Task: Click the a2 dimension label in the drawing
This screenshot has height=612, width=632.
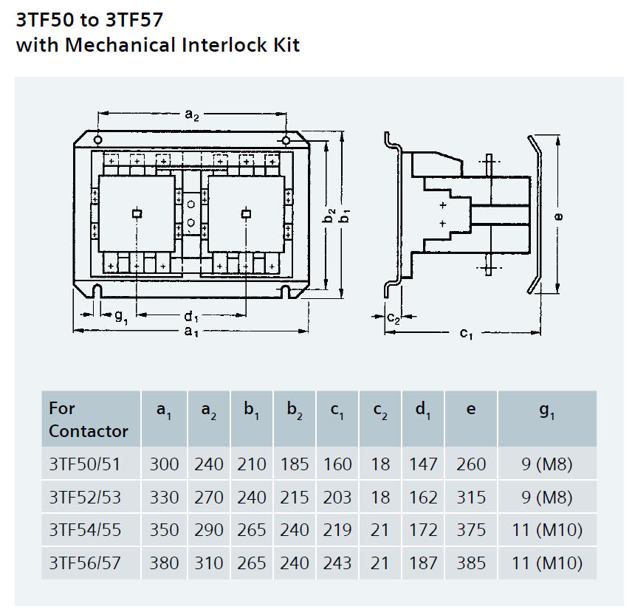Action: pyautogui.click(x=192, y=115)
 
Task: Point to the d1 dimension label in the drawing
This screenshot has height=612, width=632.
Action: pyautogui.click(x=192, y=317)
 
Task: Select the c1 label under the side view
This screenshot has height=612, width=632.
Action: pyautogui.click(x=466, y=334)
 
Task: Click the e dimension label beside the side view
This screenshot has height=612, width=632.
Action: pyautogui.click(x=559, y=216)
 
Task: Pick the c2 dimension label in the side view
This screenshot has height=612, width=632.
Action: pyautogui.click(x=394, y=318)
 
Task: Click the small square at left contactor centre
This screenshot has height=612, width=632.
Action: pyautogui.click(x=136, y=214)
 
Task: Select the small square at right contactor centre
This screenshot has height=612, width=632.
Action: pyautogui.click(x=246, y=214)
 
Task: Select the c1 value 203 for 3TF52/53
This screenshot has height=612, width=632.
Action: pyautogui.click(x=337, y=498)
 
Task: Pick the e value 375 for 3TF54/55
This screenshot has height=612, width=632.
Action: pyautogui.click(x=471, y=530)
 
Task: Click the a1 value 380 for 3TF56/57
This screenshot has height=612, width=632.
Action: pyautogui.click(x=164, y=563)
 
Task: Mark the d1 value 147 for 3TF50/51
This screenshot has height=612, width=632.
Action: pyautogui.click(x=423, y=464)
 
